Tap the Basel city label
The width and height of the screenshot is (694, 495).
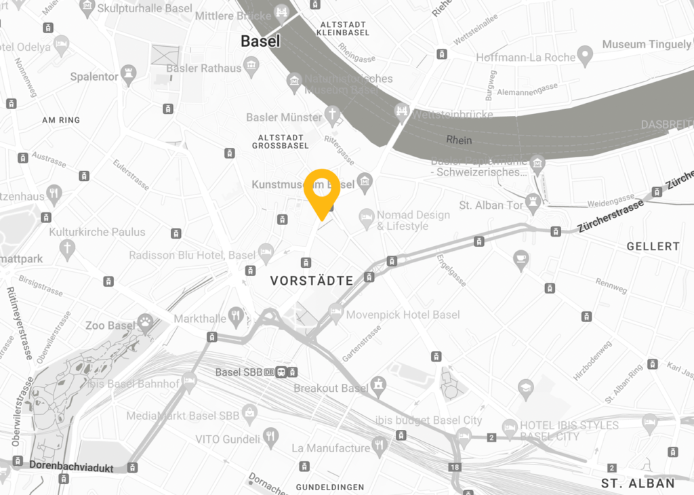260,41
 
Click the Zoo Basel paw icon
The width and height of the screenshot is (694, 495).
145,319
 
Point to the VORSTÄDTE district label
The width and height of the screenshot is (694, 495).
312,280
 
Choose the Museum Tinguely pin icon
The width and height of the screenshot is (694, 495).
585,53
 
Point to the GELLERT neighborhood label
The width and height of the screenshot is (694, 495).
653,246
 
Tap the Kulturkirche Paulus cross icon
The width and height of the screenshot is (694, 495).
67,250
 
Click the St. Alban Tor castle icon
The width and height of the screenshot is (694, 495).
534,201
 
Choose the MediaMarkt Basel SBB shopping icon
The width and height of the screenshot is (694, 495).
249,411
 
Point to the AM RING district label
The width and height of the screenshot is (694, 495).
61,120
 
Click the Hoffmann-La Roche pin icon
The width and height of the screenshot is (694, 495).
586,54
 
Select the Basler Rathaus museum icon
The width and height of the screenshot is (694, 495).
252,65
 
